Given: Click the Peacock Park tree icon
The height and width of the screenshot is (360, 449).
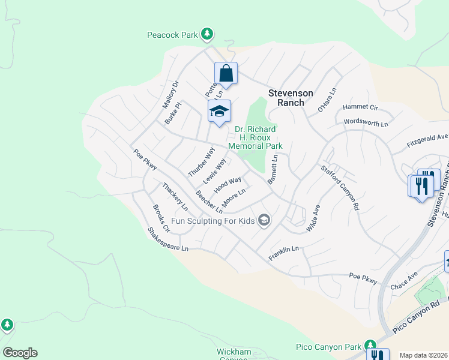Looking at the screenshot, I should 207,34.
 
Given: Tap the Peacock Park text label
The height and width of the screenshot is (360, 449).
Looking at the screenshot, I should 172,35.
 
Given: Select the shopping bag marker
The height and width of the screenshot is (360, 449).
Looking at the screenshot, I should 226,74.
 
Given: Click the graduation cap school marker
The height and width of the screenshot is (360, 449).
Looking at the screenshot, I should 219,112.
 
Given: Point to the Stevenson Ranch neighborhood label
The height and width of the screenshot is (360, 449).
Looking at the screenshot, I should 291,98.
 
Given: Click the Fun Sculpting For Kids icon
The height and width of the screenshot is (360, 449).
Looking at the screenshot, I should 264,221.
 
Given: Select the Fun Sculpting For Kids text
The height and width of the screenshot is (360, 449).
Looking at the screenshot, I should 212,221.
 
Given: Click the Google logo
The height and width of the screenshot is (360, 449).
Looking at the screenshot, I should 20,353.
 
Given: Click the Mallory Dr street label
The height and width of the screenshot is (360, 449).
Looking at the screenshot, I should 170,95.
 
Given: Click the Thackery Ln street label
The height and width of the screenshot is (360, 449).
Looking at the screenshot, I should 175,196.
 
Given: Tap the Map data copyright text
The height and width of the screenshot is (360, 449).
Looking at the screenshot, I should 424,355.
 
